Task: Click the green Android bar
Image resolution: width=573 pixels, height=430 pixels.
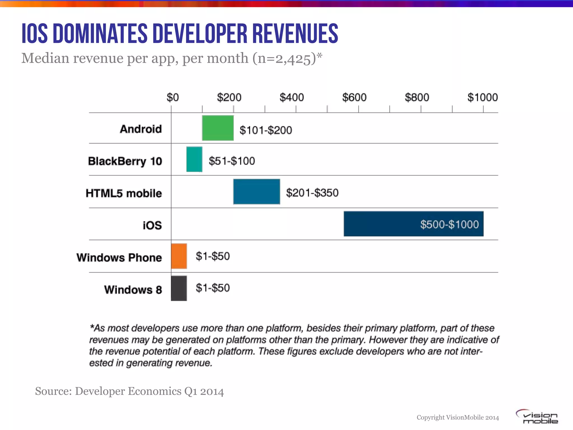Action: (x=218, y=128)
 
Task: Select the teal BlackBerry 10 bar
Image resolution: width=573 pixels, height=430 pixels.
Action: (x=194, y=159)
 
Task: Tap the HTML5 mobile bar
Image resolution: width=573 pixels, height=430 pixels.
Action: (x=257, y=192)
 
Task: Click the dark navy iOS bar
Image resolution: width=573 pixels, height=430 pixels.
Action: (x=392, y=224)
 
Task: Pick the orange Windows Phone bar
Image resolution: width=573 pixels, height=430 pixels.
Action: (x=179, y=256)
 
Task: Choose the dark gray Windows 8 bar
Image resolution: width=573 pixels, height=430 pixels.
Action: (x=179, y=288)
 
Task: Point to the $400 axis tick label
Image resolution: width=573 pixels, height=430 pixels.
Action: (x=292, y=97)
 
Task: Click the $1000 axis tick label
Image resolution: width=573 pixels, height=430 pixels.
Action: (x=482, y=97)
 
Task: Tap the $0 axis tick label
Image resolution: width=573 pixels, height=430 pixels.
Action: (x=172, y=97)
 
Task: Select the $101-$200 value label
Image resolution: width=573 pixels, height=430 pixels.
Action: (x=266, y=130)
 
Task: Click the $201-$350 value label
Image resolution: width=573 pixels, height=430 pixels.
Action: (x=312, y=193)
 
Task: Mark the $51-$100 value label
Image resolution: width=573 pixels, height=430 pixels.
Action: (x=232, y=161)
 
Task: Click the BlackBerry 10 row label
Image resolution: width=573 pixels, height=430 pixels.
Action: (x=125, y=161)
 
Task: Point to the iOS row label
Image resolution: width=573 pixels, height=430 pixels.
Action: (x=152, y=225)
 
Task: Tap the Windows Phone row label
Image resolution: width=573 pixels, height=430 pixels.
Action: (x=119, y=258)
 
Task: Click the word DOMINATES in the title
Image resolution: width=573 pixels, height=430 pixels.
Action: (x=100, y=34)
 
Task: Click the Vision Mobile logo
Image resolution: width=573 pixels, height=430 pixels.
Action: (x=537, y=417)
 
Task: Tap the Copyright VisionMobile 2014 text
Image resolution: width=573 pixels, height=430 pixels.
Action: (x=458, y=417)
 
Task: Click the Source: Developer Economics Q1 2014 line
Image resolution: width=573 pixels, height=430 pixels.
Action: (x=129, y=391)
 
